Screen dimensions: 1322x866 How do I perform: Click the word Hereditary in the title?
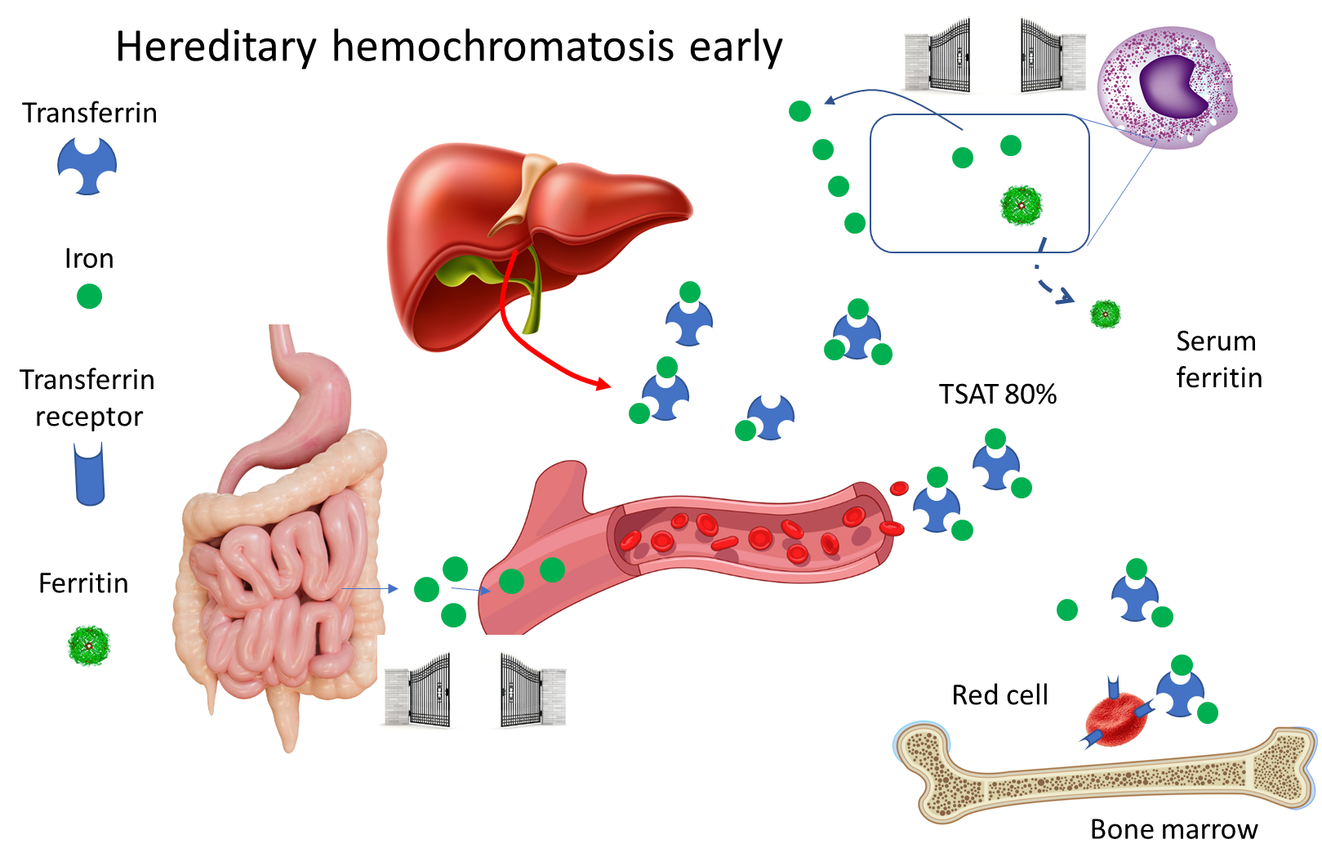(216, 47)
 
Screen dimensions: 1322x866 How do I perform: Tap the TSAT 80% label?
(997, 394)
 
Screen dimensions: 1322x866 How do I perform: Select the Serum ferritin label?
(1219, 359)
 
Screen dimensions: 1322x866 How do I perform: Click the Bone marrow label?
(1174, 828)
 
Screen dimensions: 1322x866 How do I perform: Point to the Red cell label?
(999, 694)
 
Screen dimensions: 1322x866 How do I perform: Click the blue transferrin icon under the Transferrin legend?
(87, 165)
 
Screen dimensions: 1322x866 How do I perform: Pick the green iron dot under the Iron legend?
(89, 296)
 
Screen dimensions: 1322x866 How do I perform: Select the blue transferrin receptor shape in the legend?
(90, 474)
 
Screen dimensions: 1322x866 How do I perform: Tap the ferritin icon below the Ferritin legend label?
(89, 645)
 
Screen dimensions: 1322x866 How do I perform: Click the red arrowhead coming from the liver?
(603, 384)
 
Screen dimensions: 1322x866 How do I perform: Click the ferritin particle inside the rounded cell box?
(1022, 205)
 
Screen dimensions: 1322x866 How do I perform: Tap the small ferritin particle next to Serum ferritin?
(1106, 314)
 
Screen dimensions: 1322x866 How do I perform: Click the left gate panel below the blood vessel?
(417, 690)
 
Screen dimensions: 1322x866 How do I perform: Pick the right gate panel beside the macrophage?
(1053, 56)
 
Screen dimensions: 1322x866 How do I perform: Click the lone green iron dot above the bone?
(1067, 609)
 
